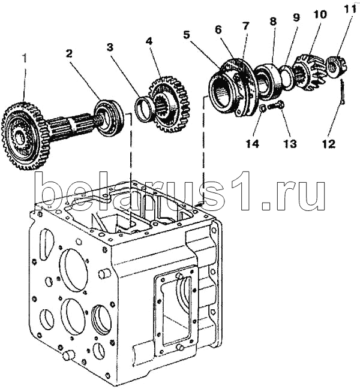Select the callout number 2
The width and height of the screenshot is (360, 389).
[x=70, y=53]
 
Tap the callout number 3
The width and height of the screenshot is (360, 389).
[x=110, y=46]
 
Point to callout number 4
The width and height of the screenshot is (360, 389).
[x=148, y=41]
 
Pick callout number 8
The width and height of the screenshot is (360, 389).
[x=273, y=20]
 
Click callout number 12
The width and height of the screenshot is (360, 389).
[x=329, y=143]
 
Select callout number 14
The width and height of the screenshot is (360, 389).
[x=251, y=143]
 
